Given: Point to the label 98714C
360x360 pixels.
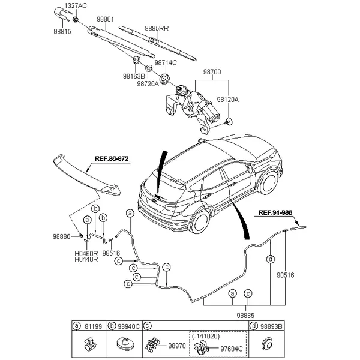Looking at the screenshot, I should pyautogui.click(x=166, y=62).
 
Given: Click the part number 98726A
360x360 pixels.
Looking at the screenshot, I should pyautogui.click(x=148, y=84).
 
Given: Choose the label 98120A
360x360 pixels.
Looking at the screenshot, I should pyautogui.click(x=228, y=100).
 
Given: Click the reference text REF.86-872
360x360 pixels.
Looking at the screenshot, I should pyautogui.click(x=112, y=159).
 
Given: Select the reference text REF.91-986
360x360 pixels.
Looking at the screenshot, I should pyautogui.click(x=275, y=212).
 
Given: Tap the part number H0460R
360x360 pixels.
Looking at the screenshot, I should pyautogui.click(x=86, y=254).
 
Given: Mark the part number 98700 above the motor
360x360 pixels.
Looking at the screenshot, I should pyautogui.click(x=212, y=72).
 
